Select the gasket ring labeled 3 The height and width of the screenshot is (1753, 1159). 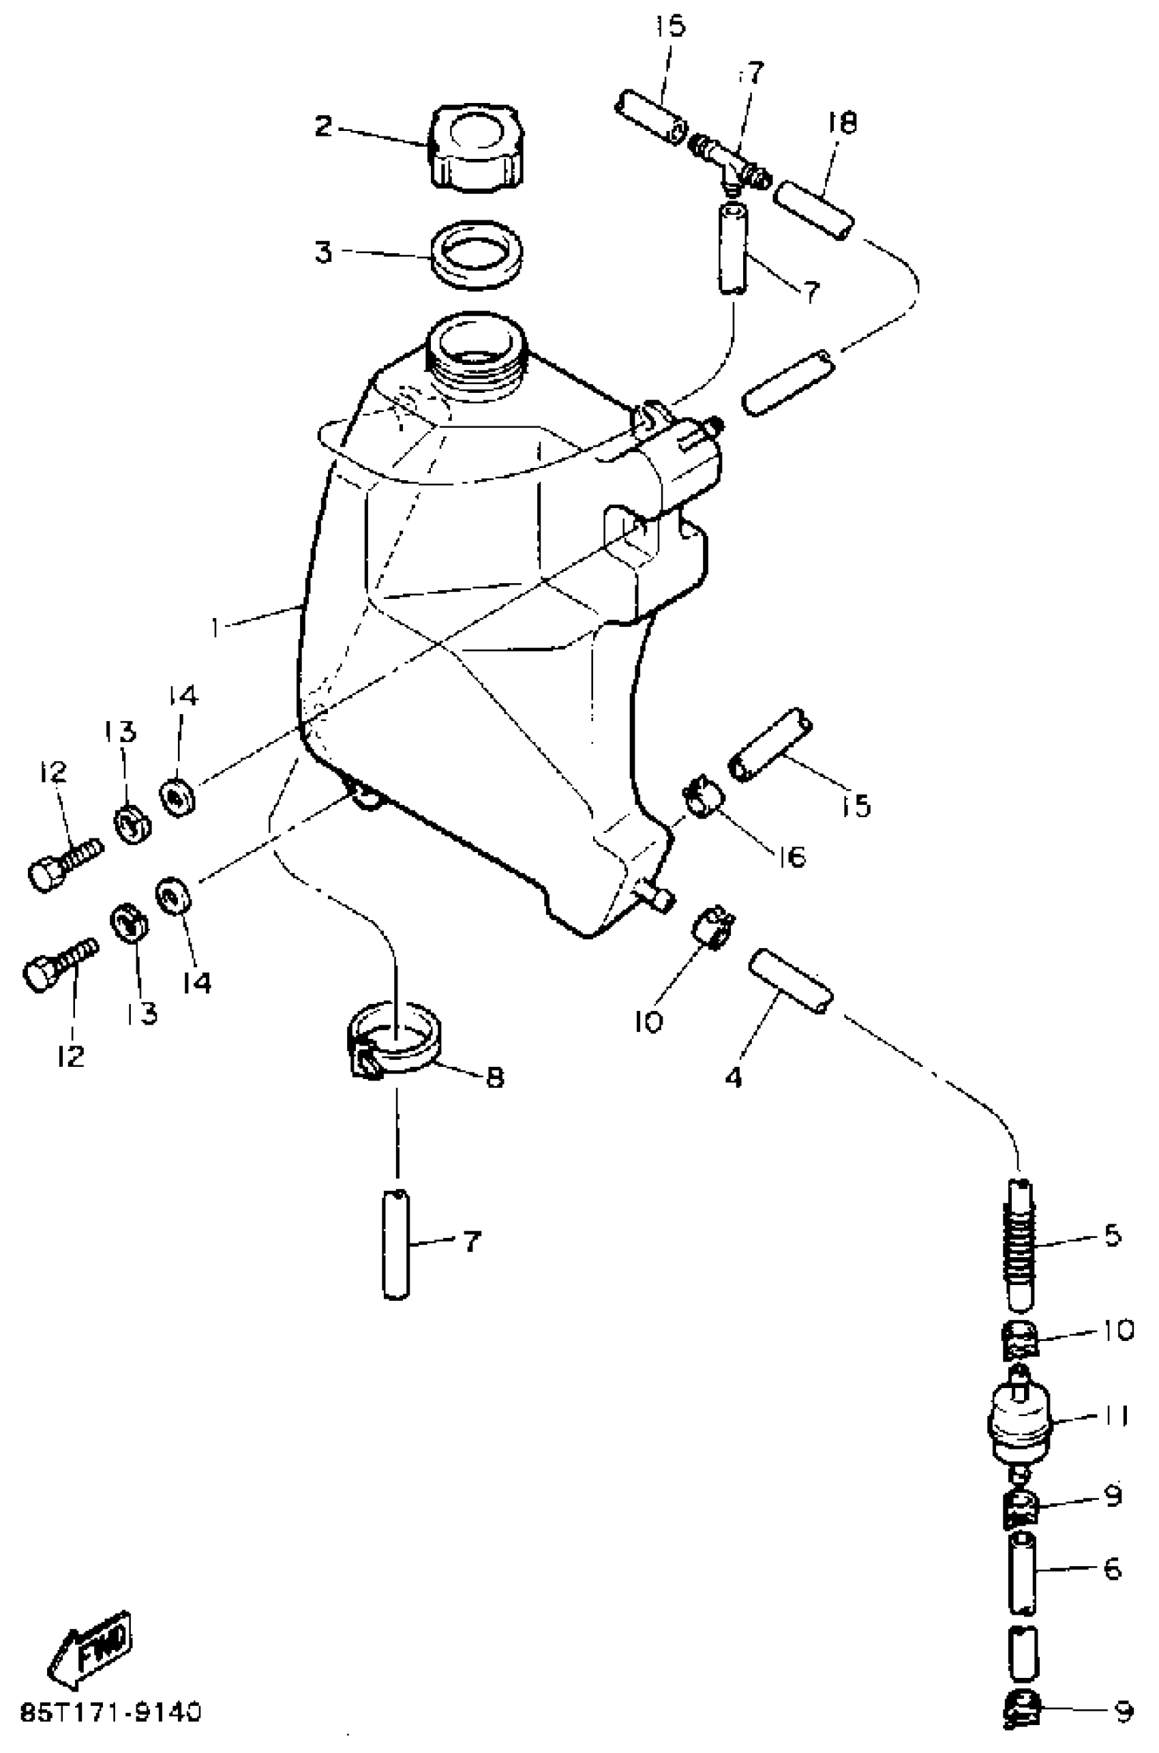(x=477, y=254)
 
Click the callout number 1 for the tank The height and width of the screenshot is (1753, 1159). (x=215, y=628)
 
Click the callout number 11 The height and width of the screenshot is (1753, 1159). (x=1114, y=1417)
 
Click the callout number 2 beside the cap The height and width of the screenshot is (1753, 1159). (x=323, y=126)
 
